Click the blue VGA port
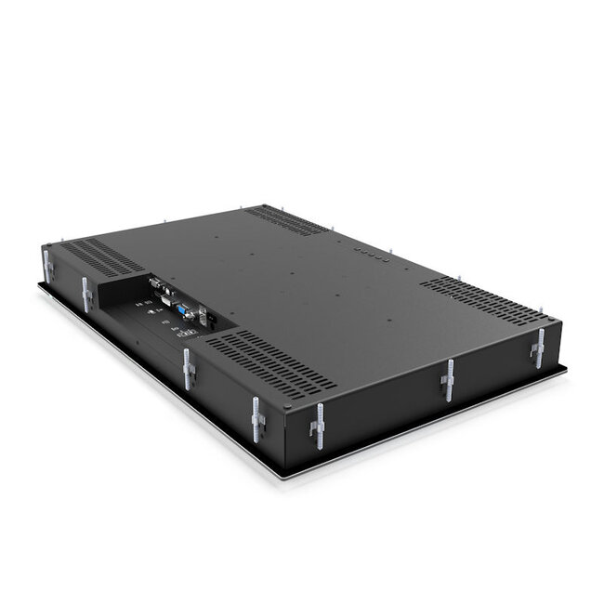pyautogui.click(x=183, y=310)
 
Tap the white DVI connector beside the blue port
pyautogui.click(x=166, y=298)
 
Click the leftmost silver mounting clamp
pyautogui.click(x=48, y=266)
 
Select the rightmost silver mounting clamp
pyautogui.click(x=537, y=348)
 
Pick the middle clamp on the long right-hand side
pyautogui.click(x=449, y=378)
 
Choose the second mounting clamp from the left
pyautogui.click(x=86, y=294)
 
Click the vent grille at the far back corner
pyautogui.click(x=286, y=219)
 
